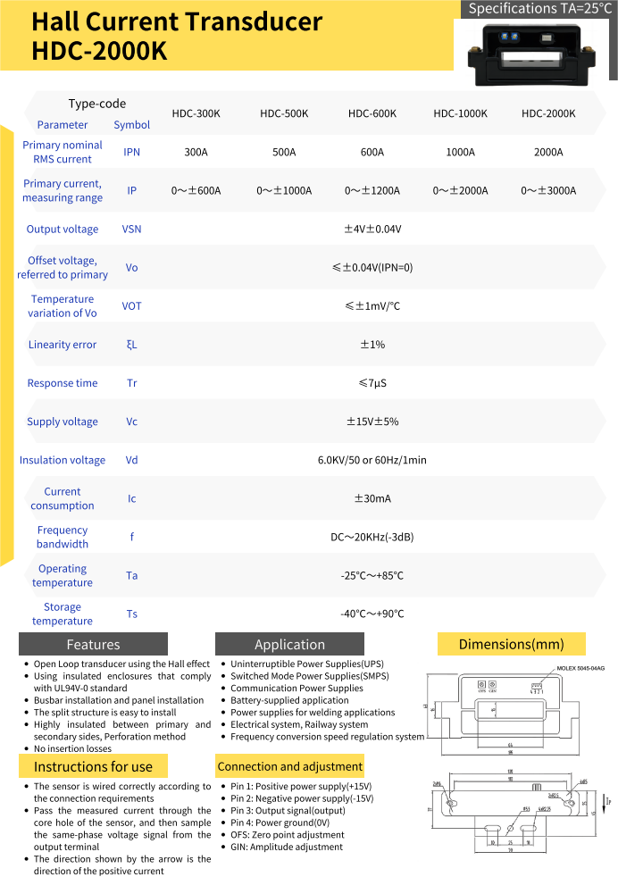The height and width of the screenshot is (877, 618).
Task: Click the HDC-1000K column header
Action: [x=460, y=114]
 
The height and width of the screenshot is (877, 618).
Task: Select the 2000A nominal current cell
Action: [x=548, y=153]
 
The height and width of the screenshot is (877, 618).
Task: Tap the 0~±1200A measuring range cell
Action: [x=372, y=191]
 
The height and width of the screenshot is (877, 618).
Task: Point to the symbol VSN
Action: [x=131, y=230]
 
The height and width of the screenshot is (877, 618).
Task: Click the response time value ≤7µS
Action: [x=372, y=383]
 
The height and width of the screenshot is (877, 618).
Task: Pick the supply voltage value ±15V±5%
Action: [x=372, y=422]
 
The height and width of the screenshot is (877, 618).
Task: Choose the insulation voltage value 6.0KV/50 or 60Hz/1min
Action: [x=372, y=460]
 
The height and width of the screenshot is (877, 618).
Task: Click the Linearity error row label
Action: [x=63, y=345]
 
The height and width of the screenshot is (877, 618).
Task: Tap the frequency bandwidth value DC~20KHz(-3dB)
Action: [x=372, y=537]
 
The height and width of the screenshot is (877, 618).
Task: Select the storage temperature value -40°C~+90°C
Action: [x=372, y=614]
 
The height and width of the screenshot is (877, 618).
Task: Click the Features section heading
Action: [x=93, y=644]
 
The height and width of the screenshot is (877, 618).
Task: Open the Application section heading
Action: [x=289, y=644]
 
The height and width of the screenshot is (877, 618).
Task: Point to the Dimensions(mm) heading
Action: [x=511, y=644]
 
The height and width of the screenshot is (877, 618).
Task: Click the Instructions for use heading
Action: [x=93, y=766]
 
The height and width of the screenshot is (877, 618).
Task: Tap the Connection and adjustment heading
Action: [x=290, y=766]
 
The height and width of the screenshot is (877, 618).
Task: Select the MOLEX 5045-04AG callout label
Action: [x=580, y=668]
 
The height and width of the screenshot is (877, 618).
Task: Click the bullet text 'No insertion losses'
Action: [x=73, y=748]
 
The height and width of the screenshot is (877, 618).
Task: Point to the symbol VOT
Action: [x=131, y=306]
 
